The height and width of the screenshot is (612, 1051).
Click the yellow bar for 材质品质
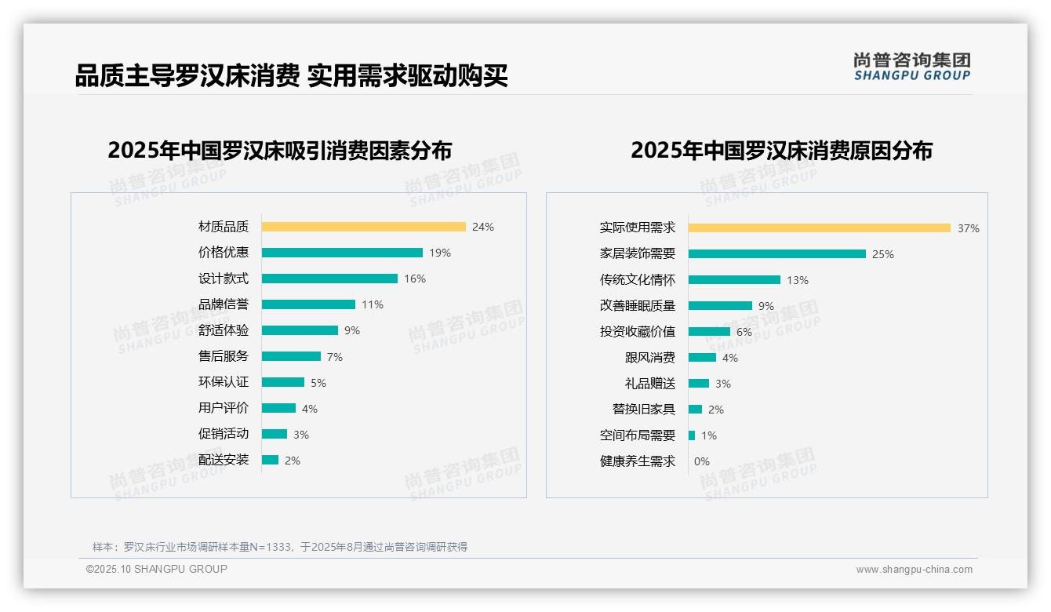click(x=363, y=227)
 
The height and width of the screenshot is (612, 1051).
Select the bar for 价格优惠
click(x=342, y=253)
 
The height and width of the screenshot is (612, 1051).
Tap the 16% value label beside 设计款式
click(x=415, y=279)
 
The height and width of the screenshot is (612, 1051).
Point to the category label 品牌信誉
click(x=224, y=304)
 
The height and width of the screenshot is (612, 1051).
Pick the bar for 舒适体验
click(x=300, y=330)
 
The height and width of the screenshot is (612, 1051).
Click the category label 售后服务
click(x=224, y=356)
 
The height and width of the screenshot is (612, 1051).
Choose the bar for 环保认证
click(x=282, y=382)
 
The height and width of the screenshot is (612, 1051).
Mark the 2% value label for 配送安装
click(x=293, y=461)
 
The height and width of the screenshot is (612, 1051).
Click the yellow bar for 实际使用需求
click(x=820, y=228)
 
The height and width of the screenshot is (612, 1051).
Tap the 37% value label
click(x=968, y=228)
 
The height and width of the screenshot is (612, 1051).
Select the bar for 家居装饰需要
click(x=777, y=254)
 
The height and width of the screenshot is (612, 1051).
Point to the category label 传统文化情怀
click(x=638, y=280)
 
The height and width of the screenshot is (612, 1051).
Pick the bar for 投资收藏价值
click(x=709, y=332)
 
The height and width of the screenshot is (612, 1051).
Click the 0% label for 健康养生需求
click(x=702, y=461)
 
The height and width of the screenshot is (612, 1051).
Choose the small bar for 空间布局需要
click(x=692, y=435)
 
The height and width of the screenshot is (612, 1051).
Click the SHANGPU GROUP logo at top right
click(x=912, y=67)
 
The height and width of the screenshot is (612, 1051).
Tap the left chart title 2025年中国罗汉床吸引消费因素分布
click(x=280, y=151)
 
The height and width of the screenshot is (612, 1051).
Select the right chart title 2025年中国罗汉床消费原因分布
click(x=781, y=151)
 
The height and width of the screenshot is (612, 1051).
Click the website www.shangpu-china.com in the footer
click(x=914, y=570)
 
